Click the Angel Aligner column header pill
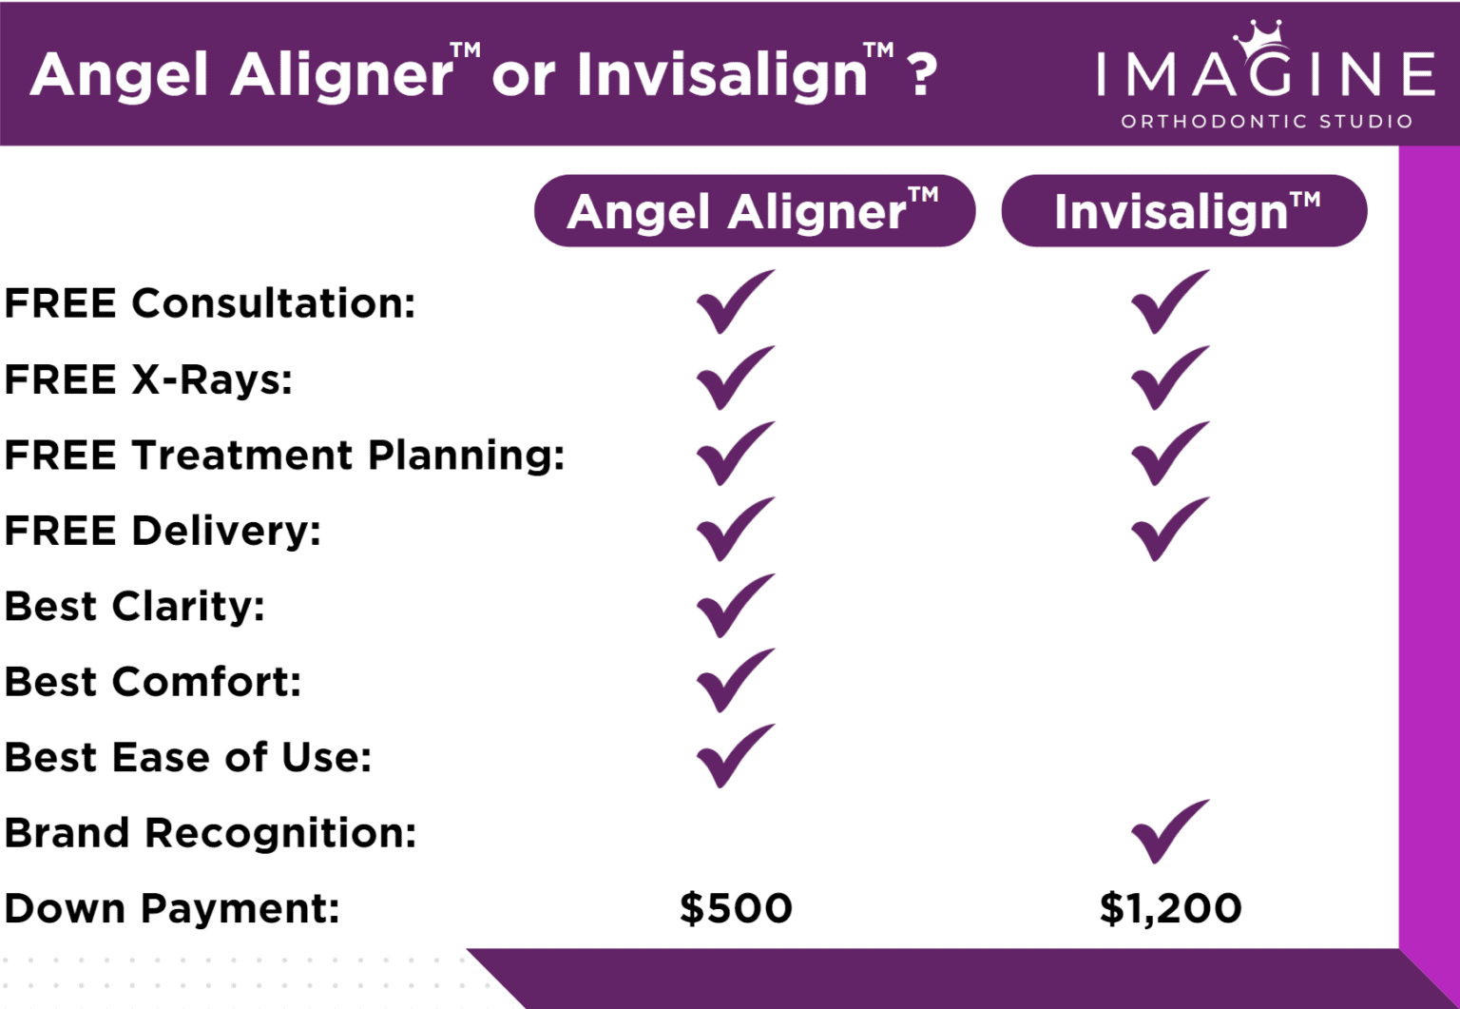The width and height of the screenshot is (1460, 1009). click(754, 211)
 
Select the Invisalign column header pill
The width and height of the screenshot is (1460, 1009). click(1183, 211)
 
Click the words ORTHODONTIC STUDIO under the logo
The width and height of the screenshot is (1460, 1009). click(1266, 122)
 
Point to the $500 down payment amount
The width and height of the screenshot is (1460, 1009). click(736, 908)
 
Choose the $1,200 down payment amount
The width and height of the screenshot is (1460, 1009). click(1170, 908)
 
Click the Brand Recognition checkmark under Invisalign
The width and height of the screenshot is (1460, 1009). click(1168, 831)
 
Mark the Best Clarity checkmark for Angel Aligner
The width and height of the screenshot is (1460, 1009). click(734, 606)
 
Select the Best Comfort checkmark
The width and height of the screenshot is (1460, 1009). click(734, 681)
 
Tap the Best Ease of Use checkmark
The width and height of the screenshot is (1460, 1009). click(734, 757)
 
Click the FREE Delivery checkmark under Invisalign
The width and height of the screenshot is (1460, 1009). click(1168, 530)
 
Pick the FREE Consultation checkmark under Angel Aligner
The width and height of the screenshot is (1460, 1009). click(734, 302)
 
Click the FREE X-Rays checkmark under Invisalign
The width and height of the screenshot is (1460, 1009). click(1168, 378)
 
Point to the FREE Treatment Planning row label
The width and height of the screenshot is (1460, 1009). click(284, 455)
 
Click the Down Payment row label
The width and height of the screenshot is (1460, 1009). click(172, 908)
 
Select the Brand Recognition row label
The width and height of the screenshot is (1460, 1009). click(210, 833)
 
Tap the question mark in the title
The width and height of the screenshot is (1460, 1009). click(922, 74)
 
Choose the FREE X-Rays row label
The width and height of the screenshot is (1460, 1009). click(148, 379)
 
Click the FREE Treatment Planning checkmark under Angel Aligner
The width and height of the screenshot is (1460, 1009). click(734, 455)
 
